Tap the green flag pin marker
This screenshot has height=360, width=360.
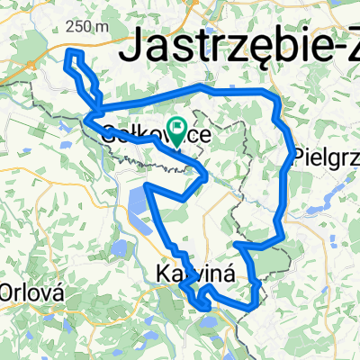click(x=176, y=133)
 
